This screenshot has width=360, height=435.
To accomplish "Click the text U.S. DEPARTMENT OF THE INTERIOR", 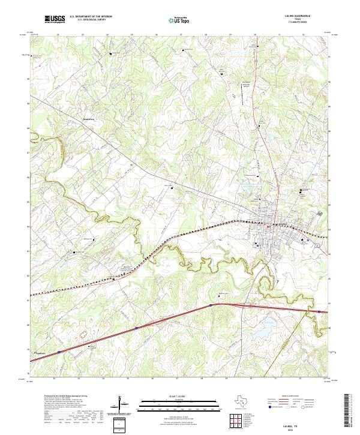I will pyautogui.click(x=91, y=17).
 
